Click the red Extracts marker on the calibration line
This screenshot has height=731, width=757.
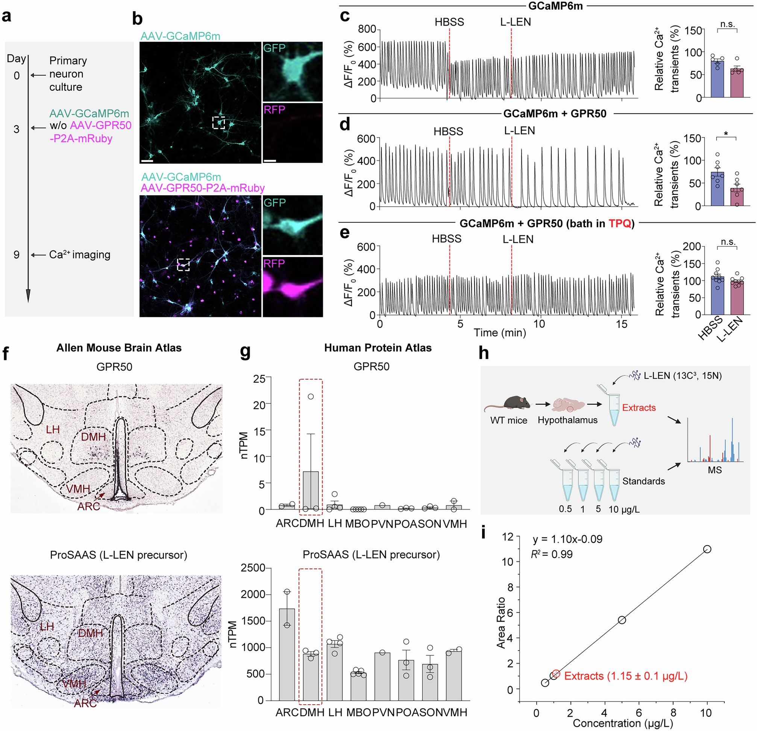[555, 673]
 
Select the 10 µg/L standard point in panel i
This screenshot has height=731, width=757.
[707, 549]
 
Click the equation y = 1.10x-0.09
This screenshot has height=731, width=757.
[567, 539]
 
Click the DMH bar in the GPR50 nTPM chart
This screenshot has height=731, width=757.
[311, 491]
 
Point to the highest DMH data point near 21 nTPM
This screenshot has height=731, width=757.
[311, 397]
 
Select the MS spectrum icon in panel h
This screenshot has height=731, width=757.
[715, 441]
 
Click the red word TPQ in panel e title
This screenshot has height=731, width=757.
[619, 223]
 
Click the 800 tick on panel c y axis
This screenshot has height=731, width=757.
[367, 29]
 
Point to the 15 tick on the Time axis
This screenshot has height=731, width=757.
[622, 324]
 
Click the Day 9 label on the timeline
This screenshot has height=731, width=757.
[16, 255]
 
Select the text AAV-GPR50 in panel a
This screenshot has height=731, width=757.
[101, 126]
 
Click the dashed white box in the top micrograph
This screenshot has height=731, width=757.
[218, 122]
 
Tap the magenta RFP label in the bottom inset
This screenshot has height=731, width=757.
[274, 263]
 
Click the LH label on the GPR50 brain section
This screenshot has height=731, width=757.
[53, 429]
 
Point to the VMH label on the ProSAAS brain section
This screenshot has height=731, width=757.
[74, 683]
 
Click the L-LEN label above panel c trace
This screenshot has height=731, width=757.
[515, 22]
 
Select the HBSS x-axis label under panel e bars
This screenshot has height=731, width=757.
[711, 328]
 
